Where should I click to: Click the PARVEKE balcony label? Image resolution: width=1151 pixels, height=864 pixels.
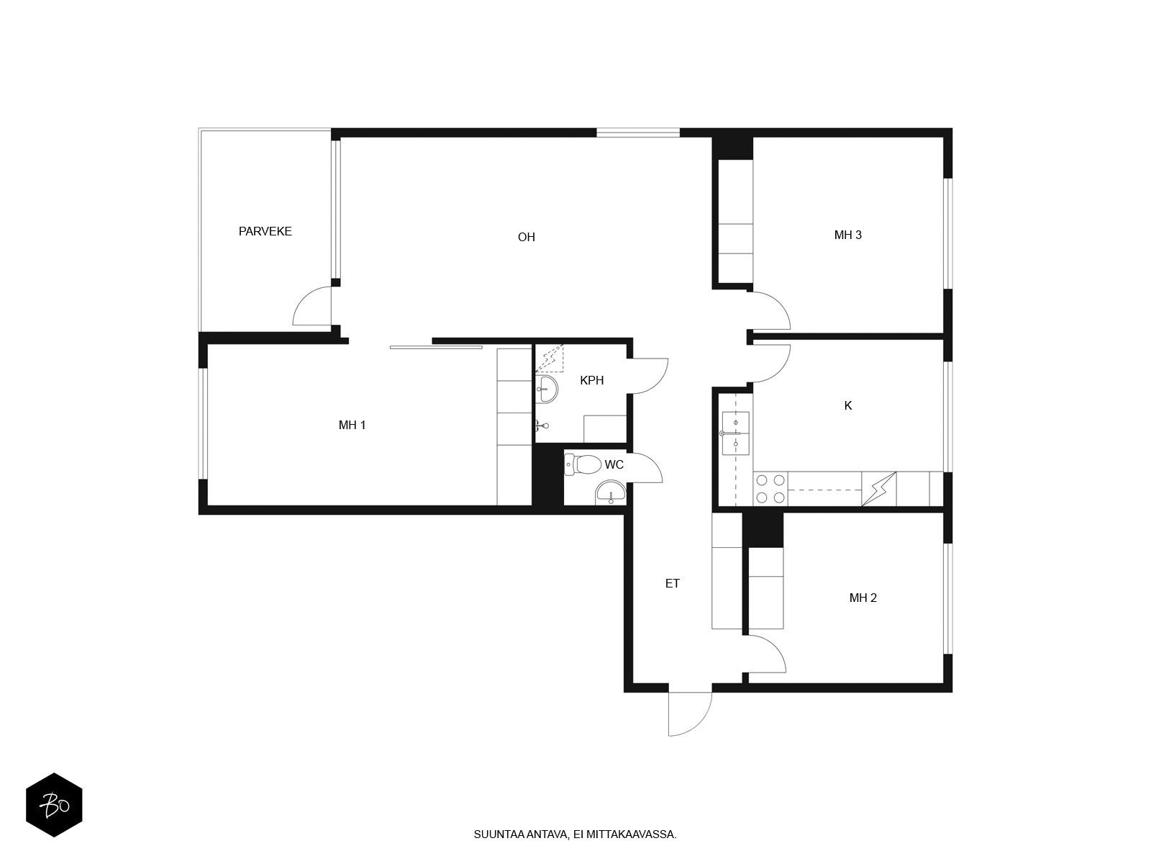tap(265, 231)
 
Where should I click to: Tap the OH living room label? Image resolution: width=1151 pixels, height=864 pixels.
tap(526, 237)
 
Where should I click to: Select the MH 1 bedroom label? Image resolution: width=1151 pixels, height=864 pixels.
tap(352, 425)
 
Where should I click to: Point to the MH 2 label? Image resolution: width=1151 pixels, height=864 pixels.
tap(863, 598)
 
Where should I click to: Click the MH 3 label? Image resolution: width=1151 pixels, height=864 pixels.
tap(847, 235)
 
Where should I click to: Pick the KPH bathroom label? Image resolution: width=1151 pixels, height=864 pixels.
tap(591, 380)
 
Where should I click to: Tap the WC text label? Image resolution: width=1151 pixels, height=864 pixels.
tap(614, 465)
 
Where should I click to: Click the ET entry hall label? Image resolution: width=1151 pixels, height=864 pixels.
tap(672, 583)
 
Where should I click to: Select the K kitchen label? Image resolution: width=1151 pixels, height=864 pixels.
tap(848, 405)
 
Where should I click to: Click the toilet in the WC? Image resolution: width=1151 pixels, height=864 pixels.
tap(583, 464)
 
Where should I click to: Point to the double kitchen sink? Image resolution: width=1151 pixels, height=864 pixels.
tap(735, 433)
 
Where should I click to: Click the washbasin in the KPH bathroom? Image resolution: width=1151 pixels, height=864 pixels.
tap(547, 389)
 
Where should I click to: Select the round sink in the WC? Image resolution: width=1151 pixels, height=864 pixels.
tap(610, 492)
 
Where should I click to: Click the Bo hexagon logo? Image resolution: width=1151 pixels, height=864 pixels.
tap(54, 805)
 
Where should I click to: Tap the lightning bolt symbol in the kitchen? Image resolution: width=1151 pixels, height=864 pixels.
tap(879, 489)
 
